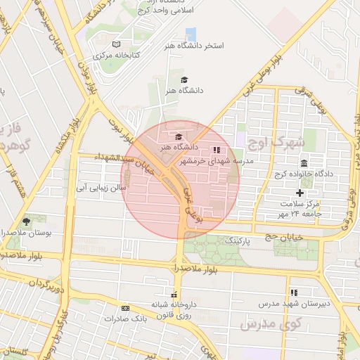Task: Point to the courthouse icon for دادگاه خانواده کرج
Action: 304,163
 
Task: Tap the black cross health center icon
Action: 300,192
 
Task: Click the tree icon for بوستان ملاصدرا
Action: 26,221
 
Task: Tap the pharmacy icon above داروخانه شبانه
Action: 174,294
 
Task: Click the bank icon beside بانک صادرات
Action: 125,308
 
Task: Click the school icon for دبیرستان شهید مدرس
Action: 294,292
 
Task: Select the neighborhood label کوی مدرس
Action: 270,324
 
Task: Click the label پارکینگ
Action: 237,240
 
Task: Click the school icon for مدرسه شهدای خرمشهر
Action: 216,150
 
